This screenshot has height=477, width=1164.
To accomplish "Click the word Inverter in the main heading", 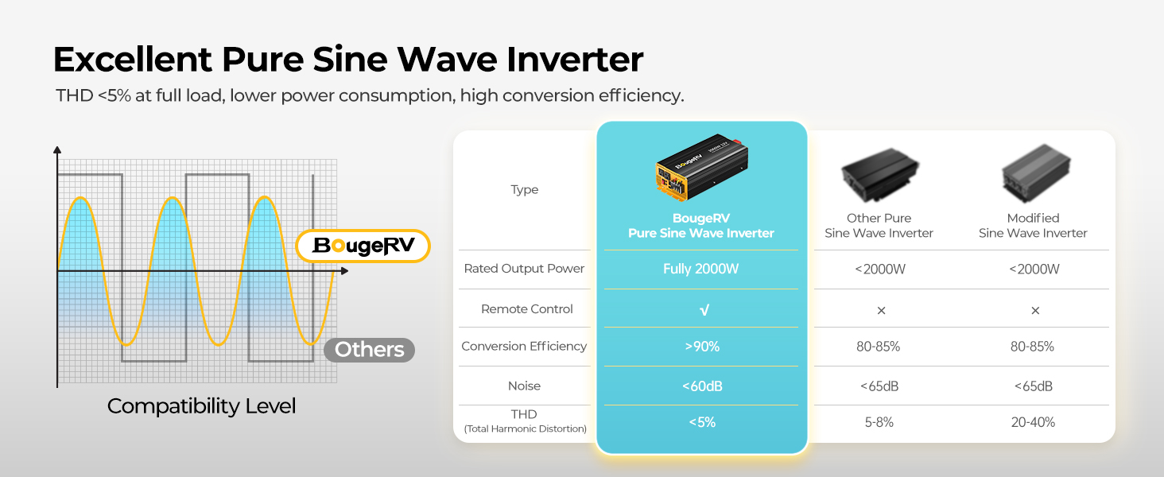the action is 575,60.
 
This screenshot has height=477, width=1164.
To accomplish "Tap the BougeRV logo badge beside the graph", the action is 363,246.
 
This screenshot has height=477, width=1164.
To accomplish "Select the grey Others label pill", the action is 369,350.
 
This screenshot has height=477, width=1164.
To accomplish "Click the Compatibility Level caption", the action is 202,406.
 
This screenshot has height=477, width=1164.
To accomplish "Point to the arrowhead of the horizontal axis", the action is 344,271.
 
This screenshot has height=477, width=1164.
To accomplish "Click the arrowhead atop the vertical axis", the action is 57,149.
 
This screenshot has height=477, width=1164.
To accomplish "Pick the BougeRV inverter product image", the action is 702,167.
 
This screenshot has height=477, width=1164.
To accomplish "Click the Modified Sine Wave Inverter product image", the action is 1036,173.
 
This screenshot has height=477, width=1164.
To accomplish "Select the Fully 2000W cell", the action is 700,269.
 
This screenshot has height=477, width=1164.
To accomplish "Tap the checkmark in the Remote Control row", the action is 704,310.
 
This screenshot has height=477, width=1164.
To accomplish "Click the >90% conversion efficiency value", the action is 702,347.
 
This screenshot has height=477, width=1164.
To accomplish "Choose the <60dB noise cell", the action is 702,386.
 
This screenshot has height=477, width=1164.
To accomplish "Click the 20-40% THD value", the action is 1033,422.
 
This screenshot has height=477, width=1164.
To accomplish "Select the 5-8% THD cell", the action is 879,422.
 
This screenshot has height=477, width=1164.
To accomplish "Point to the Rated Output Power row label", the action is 524,269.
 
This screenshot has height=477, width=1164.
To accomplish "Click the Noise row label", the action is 524,386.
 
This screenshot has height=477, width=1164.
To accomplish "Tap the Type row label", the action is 524,190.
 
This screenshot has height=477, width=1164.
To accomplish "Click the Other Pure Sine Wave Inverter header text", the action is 879,226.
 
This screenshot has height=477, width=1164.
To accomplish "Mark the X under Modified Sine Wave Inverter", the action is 1035,311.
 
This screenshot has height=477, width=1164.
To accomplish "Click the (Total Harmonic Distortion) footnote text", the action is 525,429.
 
